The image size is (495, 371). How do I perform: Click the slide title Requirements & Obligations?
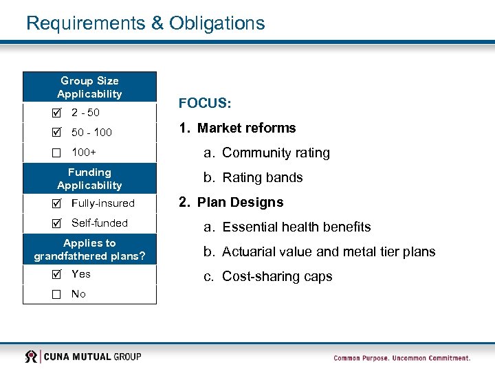(x=145, y=23)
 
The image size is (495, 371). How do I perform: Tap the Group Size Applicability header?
(x=89, y=87)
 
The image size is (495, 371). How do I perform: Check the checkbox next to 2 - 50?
(x=56, y=112)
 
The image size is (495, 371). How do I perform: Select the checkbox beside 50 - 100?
(x=56, y=132)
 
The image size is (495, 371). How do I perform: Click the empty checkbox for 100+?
(x=56, y=152)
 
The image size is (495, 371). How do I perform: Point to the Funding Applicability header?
(x=89, y=179)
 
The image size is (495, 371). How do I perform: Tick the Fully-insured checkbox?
(x=56, y=203)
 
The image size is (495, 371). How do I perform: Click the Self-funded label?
(x=100, y=223)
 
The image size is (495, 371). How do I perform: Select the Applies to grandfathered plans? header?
(x=89, y=249)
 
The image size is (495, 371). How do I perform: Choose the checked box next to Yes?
(x=56, y=274)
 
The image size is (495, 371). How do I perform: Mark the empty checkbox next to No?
(x=56, y=294)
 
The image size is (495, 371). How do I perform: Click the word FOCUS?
(x=205, y=103)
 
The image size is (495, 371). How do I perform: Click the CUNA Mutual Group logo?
(x=83, y=356)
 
